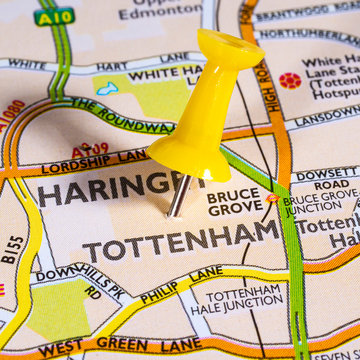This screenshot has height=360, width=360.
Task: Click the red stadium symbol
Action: pyautogui.click(x=290, y=80)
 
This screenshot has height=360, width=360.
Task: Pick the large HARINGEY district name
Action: pyautogui.click(x=110, y=190)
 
